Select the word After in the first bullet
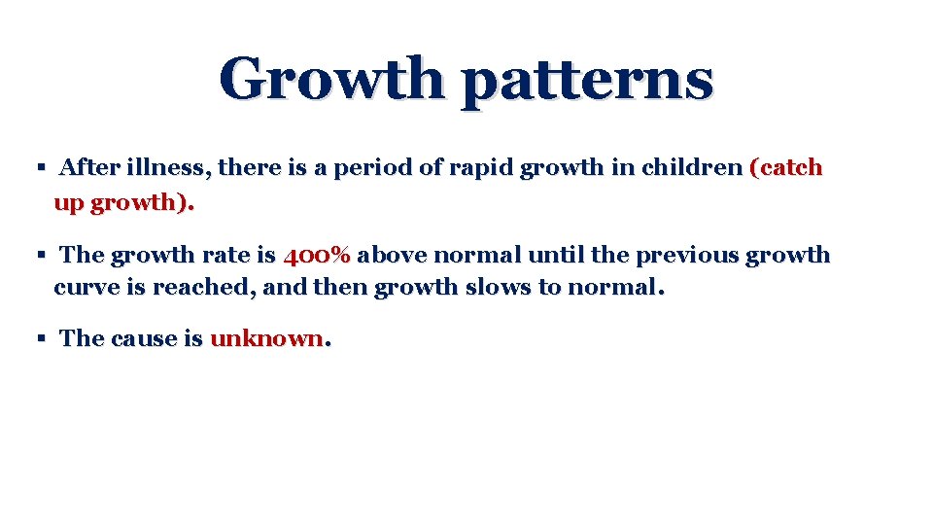tap(89, 168)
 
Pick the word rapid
tap(482, 169)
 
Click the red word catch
tap(788, 168)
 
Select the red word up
tap(68, 204)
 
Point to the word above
tap(392, 256)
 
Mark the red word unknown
tap(266, 338)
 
